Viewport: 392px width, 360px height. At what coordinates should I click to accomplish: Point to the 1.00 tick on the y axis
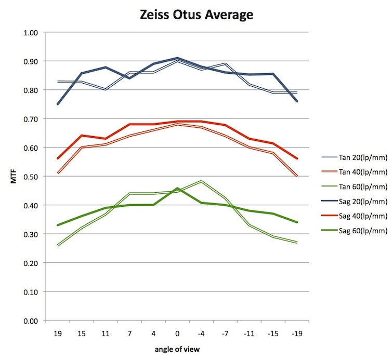[x=32, y=33]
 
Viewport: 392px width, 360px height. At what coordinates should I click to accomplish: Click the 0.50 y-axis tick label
[x=32, y=177]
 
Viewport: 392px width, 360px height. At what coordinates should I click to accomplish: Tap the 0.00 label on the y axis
[x=32, y=321]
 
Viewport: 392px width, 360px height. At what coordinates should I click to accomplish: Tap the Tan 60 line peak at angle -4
[x=201, y=181]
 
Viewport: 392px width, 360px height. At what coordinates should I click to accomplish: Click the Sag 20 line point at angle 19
[x=58, y=104]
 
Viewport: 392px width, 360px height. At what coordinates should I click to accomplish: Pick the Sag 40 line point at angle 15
[x=82, y=136]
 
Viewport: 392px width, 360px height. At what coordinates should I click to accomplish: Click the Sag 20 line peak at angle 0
[x=177, y=58]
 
